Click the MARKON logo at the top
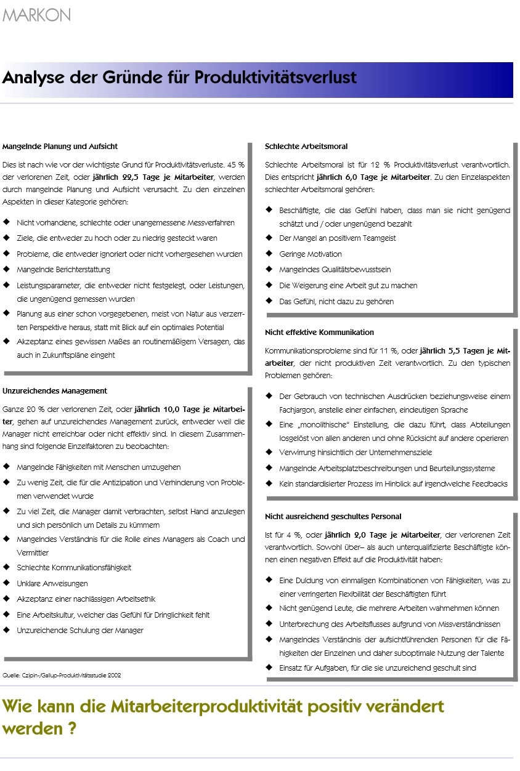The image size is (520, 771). point(37,15)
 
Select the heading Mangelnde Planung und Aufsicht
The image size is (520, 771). point(60,147)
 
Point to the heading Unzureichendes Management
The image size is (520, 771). point(55,391)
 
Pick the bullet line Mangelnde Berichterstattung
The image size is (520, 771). point(63,270)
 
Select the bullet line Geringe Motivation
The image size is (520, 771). point(311,254)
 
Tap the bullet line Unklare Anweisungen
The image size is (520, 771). point(52,583)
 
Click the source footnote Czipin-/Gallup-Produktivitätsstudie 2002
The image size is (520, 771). point(62,676)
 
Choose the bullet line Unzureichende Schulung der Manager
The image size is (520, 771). point(80,631)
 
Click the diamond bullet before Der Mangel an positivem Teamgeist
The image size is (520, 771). point(269,238)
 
